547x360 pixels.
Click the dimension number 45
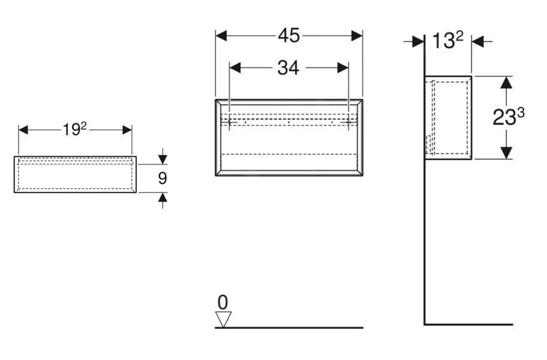pos(289,36)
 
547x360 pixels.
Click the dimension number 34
pos(288,68)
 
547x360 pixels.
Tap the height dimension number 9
pos(162,178)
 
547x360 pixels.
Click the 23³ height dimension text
pos(508,117)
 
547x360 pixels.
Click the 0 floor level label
pos(223,302)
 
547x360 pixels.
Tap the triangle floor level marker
pos(223,319)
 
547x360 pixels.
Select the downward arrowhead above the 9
pos(162,159)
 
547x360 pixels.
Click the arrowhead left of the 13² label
pos(418,41)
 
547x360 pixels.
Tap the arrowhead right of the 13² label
pos(478,41)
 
